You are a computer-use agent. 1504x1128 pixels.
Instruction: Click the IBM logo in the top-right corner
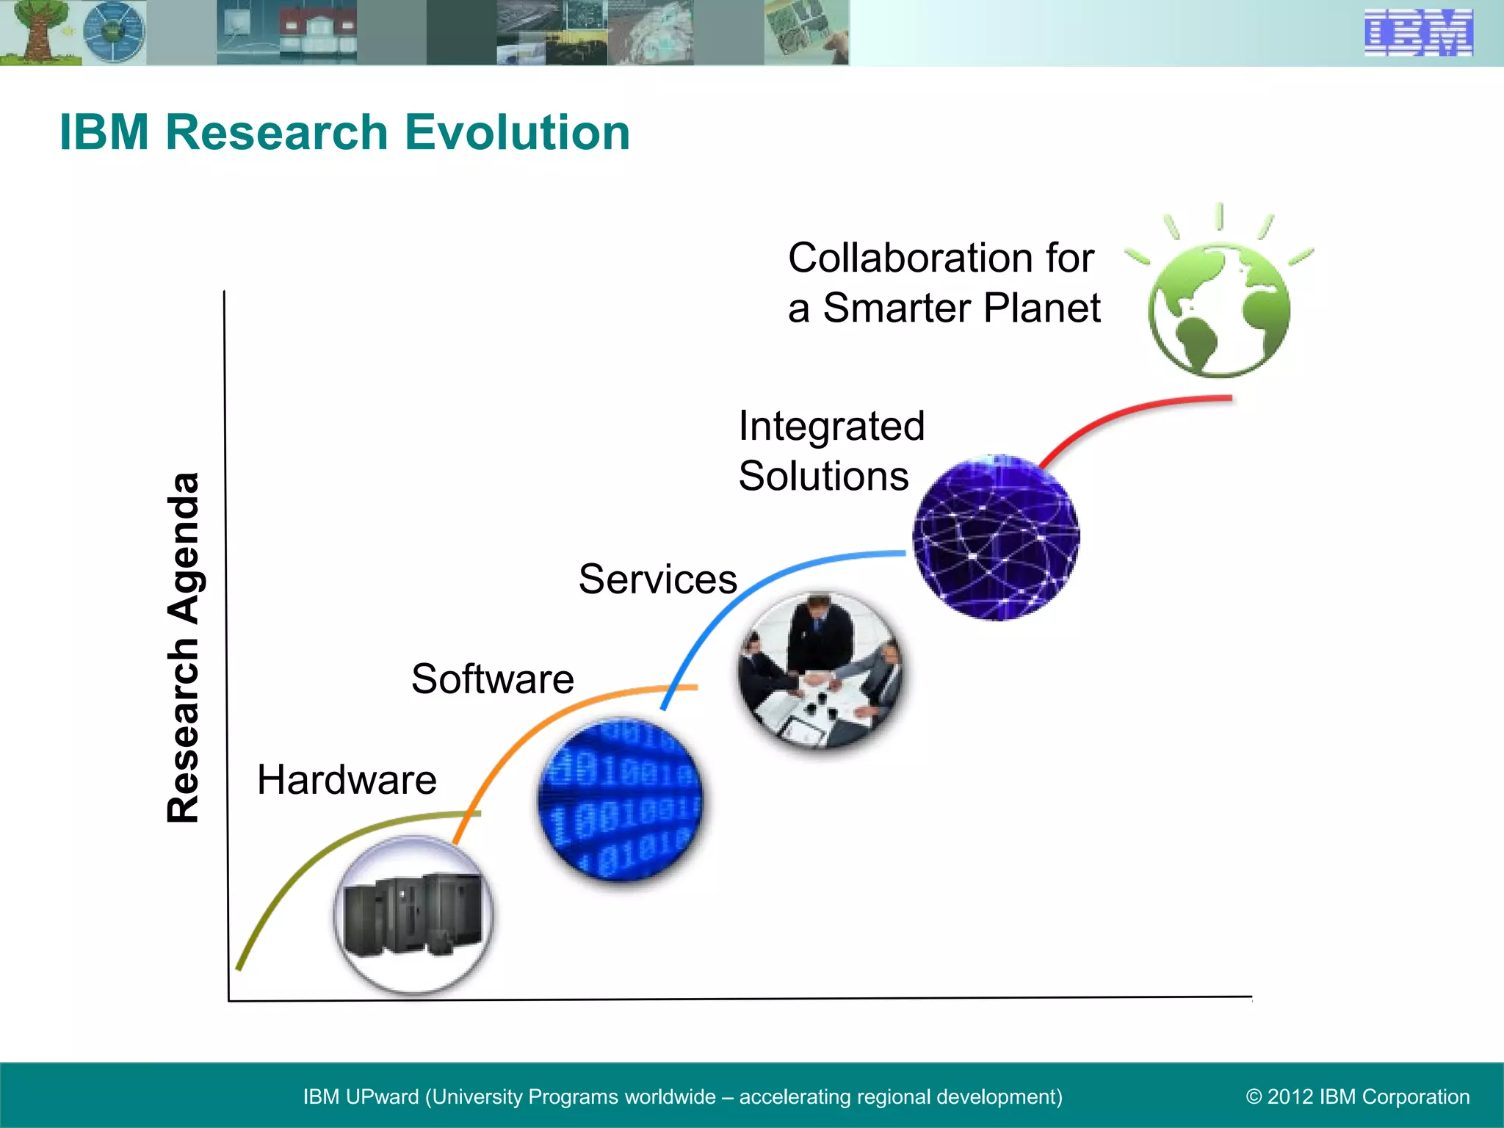point(1418,33)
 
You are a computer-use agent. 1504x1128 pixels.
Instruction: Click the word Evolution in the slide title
point(517,133)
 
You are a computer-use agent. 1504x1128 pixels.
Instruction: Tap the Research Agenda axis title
point(183,648)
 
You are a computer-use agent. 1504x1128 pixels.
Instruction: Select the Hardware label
point(347,780)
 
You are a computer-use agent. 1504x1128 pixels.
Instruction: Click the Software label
point(492,679)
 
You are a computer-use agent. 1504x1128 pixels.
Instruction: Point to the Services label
point(657,579)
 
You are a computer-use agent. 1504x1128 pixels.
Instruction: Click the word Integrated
point(831,427)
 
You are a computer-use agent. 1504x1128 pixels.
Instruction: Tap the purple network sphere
point(996,538)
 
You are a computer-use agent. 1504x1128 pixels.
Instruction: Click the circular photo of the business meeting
point(820,670)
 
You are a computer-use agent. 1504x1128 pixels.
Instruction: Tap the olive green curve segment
point(308,859)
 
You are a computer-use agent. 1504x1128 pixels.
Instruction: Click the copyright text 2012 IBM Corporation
point(1358,1097)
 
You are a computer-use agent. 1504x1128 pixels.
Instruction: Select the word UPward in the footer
point(381,1097)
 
